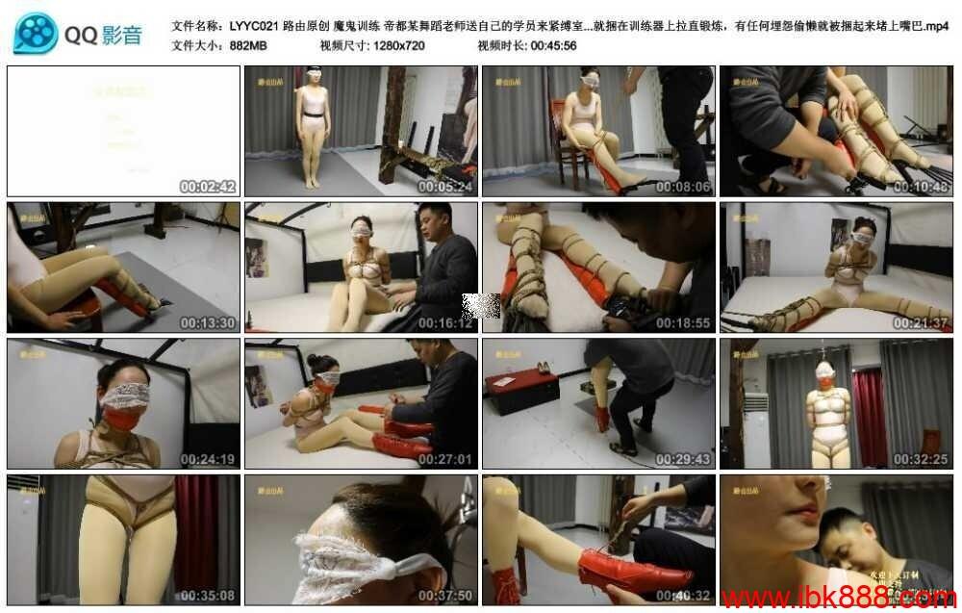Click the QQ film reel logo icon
tap(36, 34)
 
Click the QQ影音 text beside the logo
tap(104, 36)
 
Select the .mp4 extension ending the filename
tap(934, 27)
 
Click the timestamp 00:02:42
tap(208, 187)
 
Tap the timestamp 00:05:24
tap(445, 187)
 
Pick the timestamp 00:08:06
tap(683, 187)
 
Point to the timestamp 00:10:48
tap(921, 187)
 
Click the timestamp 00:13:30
tap(208, 323)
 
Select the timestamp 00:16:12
tap(445, 323)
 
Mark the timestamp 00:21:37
tap(921, 323)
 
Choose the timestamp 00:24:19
tap(208, 459)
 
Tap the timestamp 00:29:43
tap(683, 459)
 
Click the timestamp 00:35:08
tap(208, 596)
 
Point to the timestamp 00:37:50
tap(445, 596)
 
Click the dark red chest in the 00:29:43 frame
tap(521, 392)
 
